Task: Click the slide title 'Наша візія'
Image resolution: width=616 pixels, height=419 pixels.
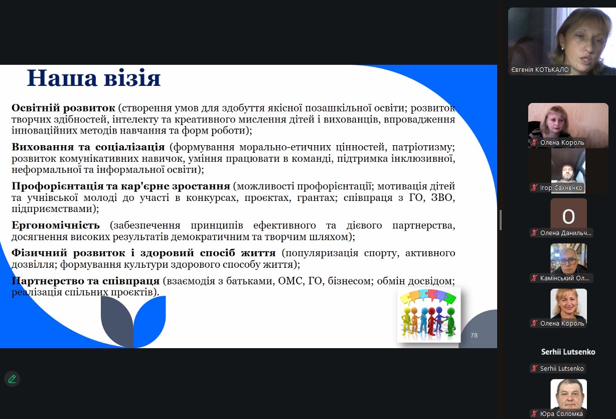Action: [x=94, y=78]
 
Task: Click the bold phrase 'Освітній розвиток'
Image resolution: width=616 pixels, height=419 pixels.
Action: [x=63, y=108]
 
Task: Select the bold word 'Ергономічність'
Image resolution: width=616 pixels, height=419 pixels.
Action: [x=56, y=226]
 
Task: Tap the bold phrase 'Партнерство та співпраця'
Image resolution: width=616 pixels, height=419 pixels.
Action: [x=85, y=281]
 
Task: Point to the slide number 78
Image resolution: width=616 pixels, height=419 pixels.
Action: [x=474, y=335]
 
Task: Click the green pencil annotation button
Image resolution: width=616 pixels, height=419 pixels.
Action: [x=12, y=379]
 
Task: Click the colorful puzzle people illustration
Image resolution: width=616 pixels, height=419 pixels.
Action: [x=429, y=315]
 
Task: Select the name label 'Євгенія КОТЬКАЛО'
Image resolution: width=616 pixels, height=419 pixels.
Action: [x=540, y=70]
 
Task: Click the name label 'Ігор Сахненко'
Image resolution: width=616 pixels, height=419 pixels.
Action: [x=561, y=188]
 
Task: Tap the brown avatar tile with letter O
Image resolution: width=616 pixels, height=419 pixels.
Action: [x=568, y=217]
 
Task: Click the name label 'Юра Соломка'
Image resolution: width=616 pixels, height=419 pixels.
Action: [x=561, y=414]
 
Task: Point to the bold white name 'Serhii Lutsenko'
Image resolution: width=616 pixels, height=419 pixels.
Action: [x=568, y=352]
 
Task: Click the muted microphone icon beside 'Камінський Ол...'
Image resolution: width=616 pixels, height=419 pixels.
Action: [x=534, y=278]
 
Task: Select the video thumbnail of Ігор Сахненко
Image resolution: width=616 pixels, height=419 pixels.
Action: [x=568, y=170]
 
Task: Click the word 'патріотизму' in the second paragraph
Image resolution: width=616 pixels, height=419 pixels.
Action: [x=423, y=147]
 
